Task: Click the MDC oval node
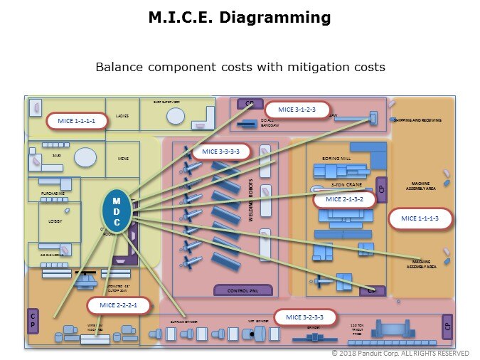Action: coord(117,211)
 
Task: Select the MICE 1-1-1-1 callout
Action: coord(76,122)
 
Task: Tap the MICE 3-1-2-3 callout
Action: coord(297,110)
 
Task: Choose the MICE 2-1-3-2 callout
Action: coord(344,199)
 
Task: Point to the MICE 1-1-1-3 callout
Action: coord(420,218)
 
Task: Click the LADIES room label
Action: coord(122,115)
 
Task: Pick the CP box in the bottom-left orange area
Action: coord(33,321)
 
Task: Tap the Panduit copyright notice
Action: coord(400,354)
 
